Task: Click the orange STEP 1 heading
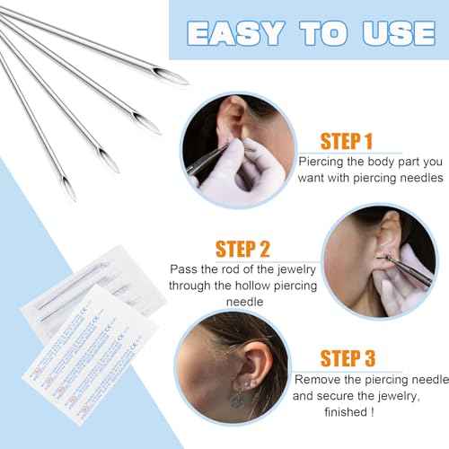pos(334,141)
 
